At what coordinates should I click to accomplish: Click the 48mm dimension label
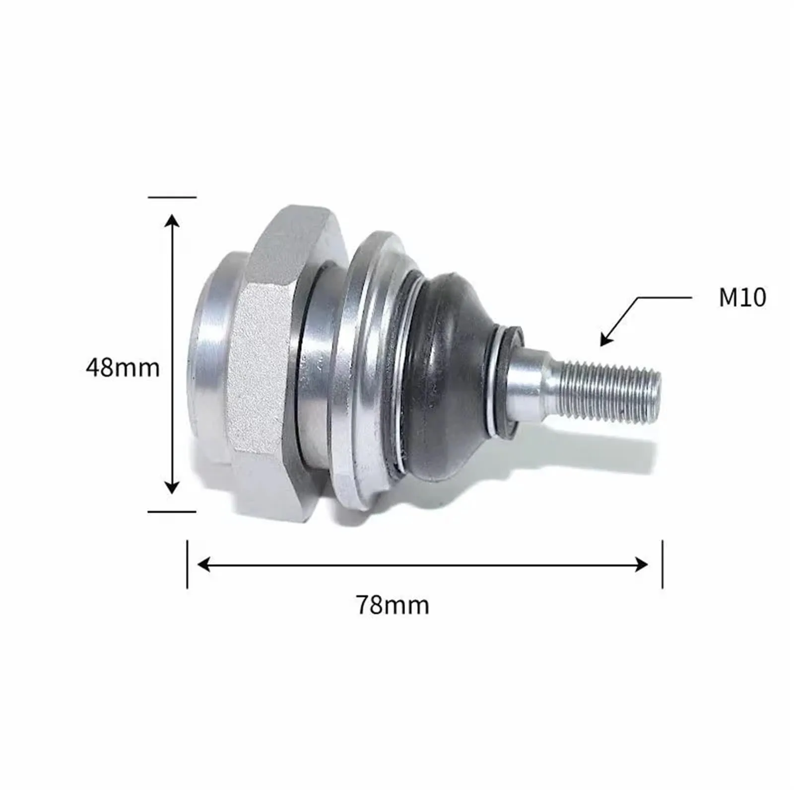(123, 368)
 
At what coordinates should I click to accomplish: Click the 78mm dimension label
(393, 605)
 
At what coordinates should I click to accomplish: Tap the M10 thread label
(742, 297)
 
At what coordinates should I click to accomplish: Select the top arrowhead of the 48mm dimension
(172, 221)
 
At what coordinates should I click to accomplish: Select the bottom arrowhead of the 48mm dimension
(172, 487)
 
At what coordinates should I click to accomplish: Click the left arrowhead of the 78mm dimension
(204, 564)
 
